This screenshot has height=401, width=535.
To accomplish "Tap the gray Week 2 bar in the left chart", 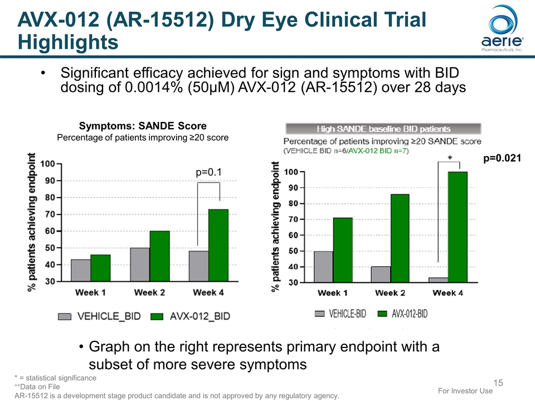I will tap(140, 265).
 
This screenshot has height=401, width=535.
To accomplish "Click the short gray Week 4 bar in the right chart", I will tap(438, 280).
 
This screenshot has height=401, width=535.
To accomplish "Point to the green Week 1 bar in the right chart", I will tap(343, 250).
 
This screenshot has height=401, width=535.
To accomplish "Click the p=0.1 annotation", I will tap(208, 173).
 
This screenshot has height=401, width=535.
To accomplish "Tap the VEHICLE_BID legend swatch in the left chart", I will tap(65, 316).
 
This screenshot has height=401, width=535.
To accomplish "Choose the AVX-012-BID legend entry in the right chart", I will tap(402, 314).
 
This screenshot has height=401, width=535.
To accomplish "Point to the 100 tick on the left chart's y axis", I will tap(47, 164).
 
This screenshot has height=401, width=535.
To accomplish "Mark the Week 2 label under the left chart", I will tap(150, 292).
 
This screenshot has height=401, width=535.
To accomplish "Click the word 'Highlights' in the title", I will tap(68, 42).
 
